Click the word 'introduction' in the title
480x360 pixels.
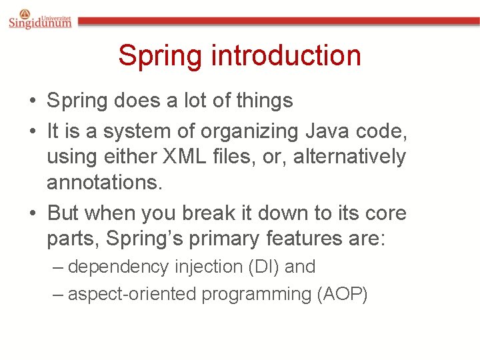[x=286, y=55]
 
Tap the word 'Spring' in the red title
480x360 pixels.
[x=159, y=55]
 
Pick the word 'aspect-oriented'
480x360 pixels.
[x=133, y=295]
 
